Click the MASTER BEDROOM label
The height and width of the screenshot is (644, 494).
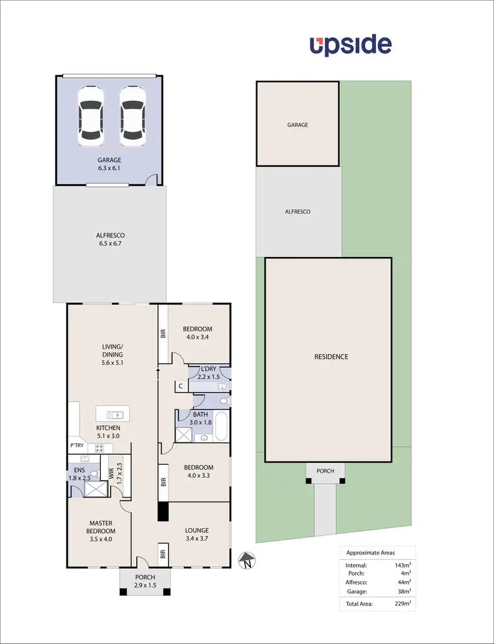click(102, 527)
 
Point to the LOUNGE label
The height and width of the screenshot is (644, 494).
click(197, 530)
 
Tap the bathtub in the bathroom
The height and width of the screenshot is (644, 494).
click(222, 427)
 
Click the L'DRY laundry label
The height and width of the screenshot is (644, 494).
click(208, 368)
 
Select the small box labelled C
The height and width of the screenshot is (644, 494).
click(179, 387)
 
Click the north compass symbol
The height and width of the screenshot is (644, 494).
click(245, 562)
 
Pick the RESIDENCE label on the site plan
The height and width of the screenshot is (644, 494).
click(331, 357)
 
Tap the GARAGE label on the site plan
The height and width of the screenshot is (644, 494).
click(297, 125)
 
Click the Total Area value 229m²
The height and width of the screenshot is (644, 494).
click(402, 603)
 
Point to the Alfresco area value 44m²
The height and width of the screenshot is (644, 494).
click(404, 582)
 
